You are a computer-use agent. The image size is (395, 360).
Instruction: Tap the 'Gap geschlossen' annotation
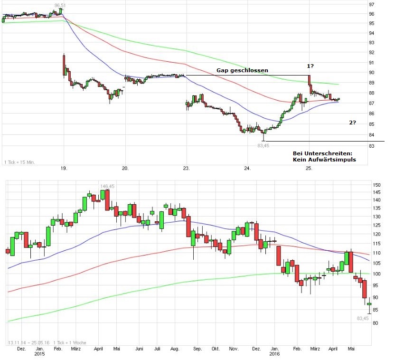(242, 70)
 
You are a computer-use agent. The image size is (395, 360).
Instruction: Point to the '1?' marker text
(310, 66)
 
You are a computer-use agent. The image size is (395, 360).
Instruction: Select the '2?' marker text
(353, 123)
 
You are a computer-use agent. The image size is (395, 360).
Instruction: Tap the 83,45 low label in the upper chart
(263, 146)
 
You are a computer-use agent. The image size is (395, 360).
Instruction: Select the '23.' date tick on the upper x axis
(187, 168)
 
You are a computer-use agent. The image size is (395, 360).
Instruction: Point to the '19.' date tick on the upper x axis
(65, 168)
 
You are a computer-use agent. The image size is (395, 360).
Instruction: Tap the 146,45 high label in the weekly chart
(107, 186)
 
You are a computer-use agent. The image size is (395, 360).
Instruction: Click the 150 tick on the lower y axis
(377, 185)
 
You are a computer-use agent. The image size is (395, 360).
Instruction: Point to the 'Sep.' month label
(197, 349)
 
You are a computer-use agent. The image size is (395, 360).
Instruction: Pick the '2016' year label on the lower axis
(275, 354)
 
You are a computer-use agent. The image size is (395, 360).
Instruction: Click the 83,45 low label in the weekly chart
(363, 318)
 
